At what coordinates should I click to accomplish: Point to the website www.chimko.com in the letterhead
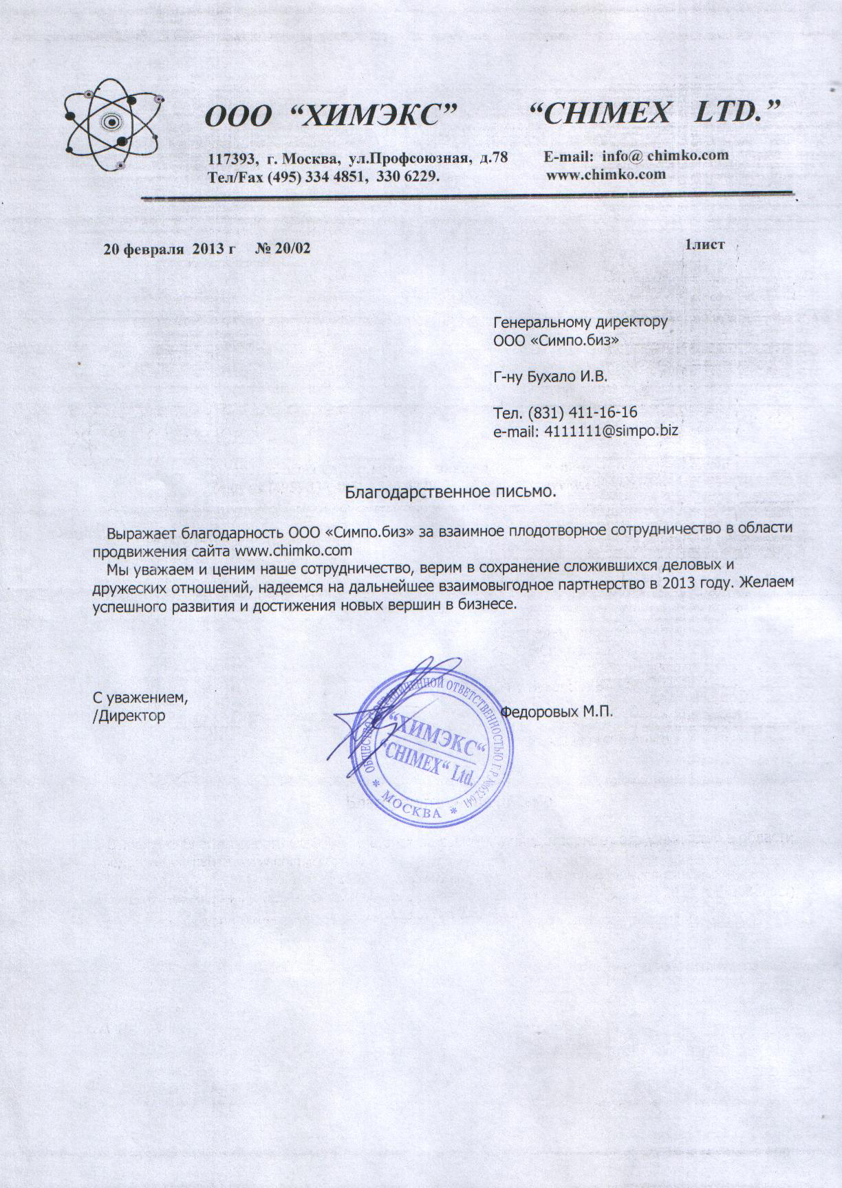605,174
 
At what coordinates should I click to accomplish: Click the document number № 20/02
283,248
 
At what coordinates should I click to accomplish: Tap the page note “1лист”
704,245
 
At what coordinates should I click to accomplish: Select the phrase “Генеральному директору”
581,322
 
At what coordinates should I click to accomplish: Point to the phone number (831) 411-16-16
582,413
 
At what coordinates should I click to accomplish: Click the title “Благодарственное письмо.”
450,492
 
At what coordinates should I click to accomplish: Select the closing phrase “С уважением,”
141,697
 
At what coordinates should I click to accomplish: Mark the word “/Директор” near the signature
129,716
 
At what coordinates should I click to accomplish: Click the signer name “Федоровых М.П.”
557,712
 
